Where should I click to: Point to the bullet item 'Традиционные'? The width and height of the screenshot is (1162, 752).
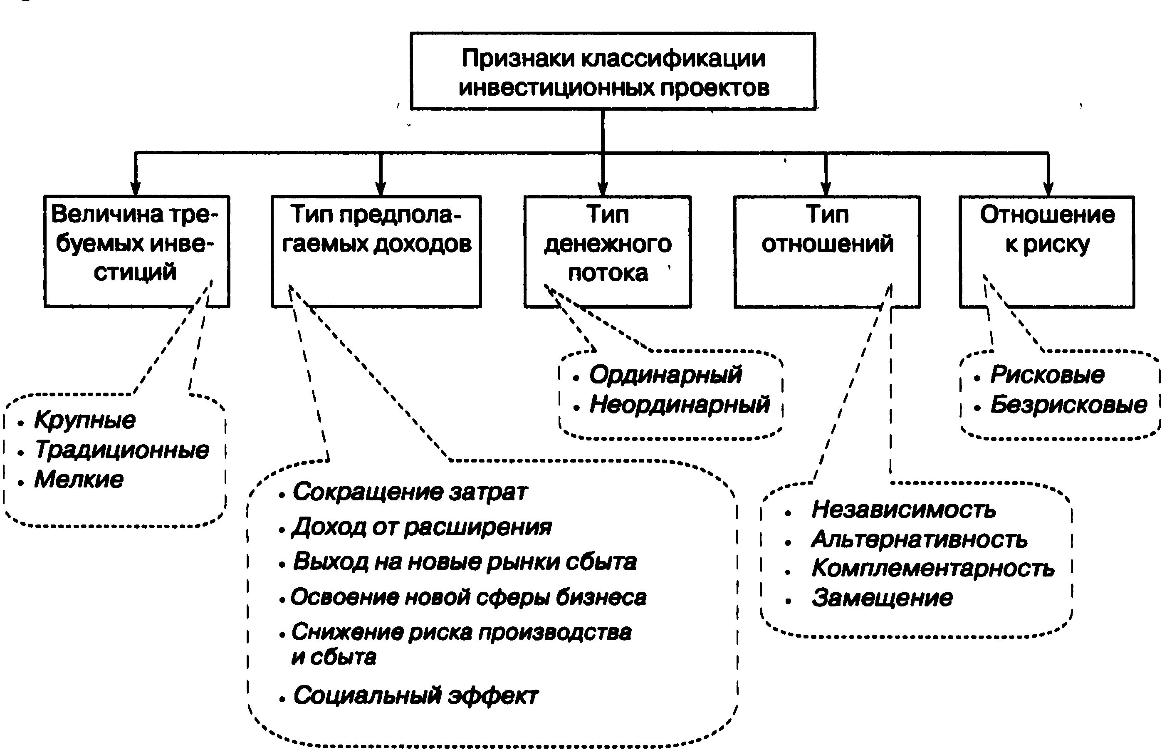pos(121,450)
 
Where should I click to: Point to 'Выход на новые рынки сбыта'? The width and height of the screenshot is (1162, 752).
pos(464,562)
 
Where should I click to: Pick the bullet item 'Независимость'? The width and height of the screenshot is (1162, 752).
pos(903,510)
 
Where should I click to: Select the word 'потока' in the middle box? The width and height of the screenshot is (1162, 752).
pos(608,272)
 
